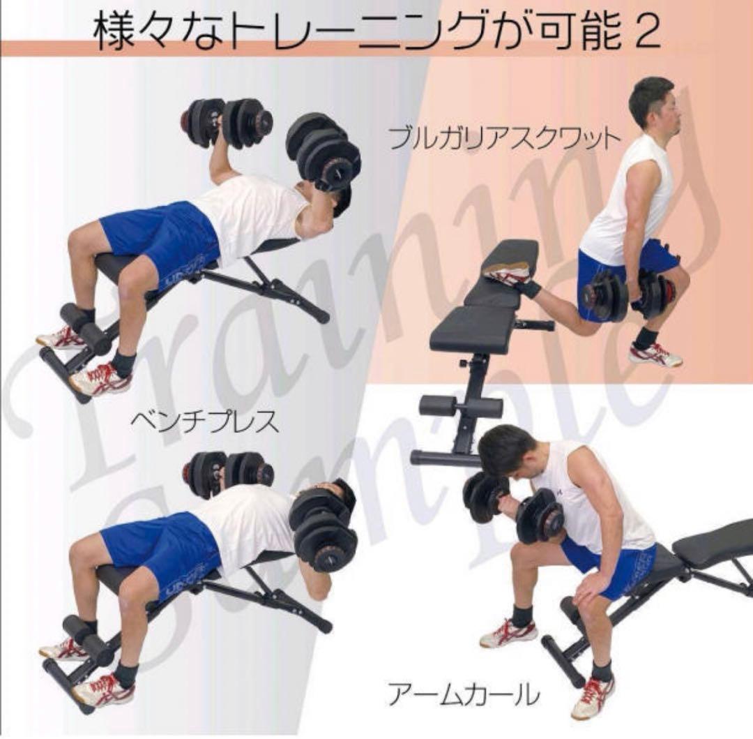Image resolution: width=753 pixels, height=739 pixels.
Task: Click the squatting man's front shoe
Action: [x=654, y=354]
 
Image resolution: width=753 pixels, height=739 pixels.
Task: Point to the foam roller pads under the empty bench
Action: [x=460, y=406]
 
